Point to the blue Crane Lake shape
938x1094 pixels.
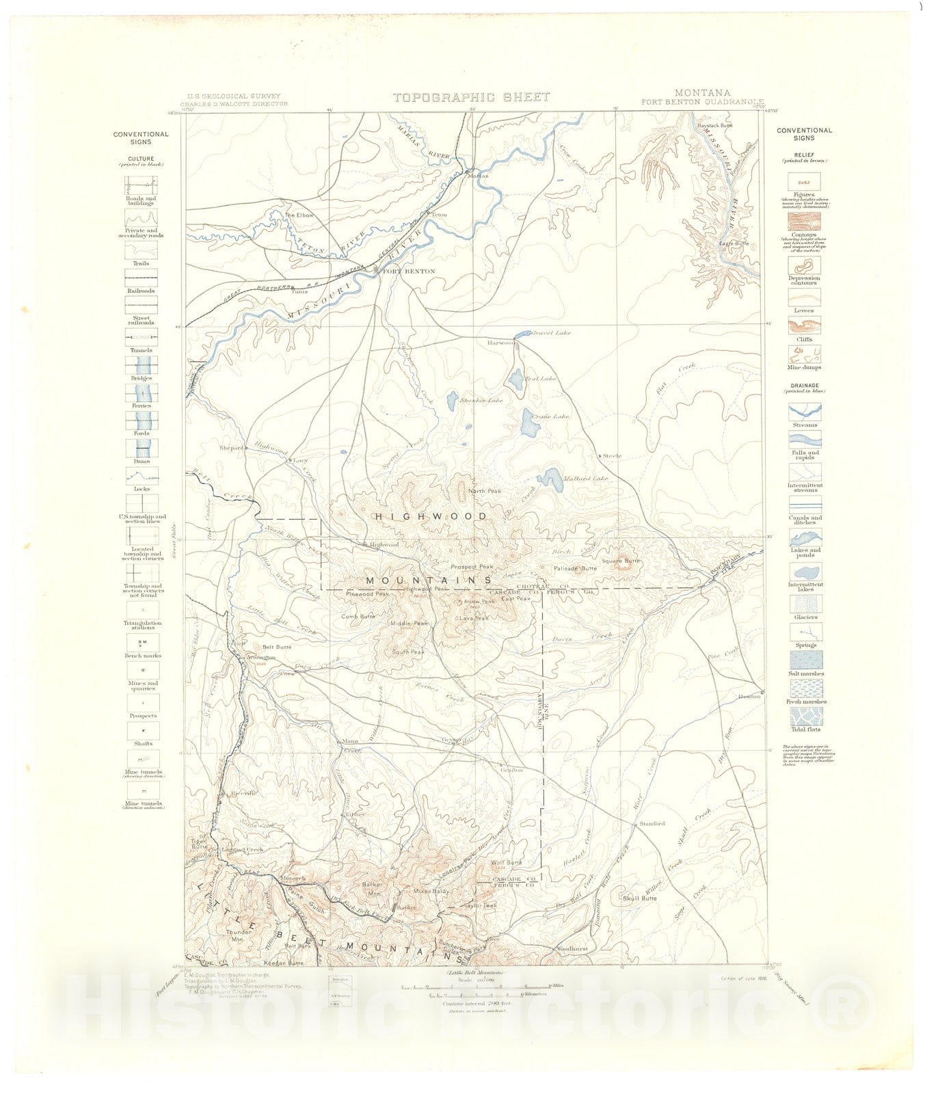click(528, 424)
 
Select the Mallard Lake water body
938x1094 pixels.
click(551, 481)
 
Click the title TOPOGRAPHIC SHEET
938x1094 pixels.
click(471, 97)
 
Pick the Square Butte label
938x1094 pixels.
click(621, 561)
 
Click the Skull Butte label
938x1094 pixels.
click(639, 898)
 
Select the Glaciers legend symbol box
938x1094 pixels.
click(805, 604)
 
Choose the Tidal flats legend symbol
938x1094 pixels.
click(805, 716)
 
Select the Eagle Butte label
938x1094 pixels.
click(734, 243)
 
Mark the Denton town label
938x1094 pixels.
click(749, 696)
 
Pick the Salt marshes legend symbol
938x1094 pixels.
click(805, 660)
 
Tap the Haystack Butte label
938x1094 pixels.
click(714, 125)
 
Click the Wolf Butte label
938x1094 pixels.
click(506, 863)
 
